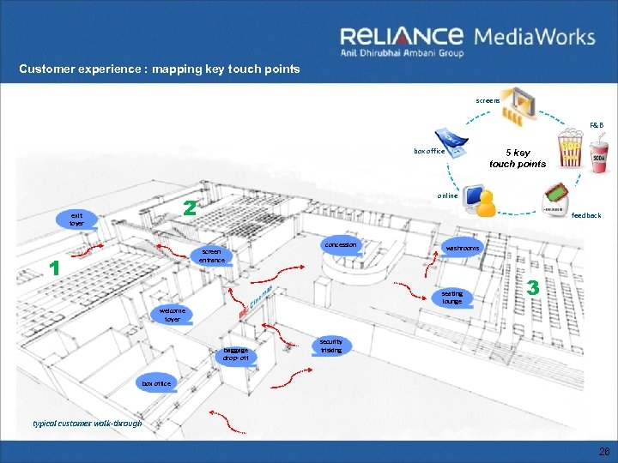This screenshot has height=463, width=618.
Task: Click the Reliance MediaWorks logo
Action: point(467,40)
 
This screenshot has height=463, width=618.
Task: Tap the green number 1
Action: point(55,268)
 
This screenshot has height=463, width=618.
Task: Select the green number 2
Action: point(191,208)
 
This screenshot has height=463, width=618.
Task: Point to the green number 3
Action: point(533,289)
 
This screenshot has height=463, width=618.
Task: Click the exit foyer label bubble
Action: point(77,219)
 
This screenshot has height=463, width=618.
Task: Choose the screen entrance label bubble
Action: point(211,256)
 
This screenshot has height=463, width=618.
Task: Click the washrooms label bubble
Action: point(462,248)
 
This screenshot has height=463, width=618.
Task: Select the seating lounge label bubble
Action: point(452,297)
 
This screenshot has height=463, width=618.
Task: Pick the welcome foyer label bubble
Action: point(173,315)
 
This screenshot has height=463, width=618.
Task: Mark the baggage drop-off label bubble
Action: point(235,354)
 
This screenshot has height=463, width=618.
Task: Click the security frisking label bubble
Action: point(331,346)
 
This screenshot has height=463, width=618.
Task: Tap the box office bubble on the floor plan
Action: point(157,383)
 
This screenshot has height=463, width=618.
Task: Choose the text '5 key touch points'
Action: point(518,158)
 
